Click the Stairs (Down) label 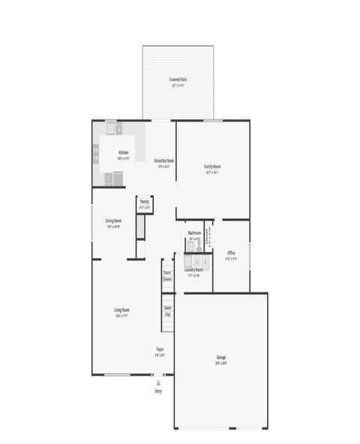coord(167,275)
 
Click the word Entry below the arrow coord(158,391)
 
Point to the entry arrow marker coord(158,382)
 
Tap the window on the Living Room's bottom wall coord(117,374)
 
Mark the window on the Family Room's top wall coord(213,120)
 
